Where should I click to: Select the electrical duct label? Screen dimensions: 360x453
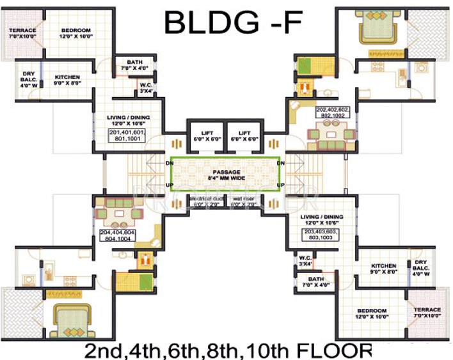tap(205, 201)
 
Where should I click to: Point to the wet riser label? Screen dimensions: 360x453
tap(246, 201)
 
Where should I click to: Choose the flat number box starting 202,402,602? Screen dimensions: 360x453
tap(333, 113)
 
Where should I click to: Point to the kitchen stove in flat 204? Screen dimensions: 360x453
tap(28, 279)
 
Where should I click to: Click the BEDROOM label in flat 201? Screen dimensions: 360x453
tap(76, 33)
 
